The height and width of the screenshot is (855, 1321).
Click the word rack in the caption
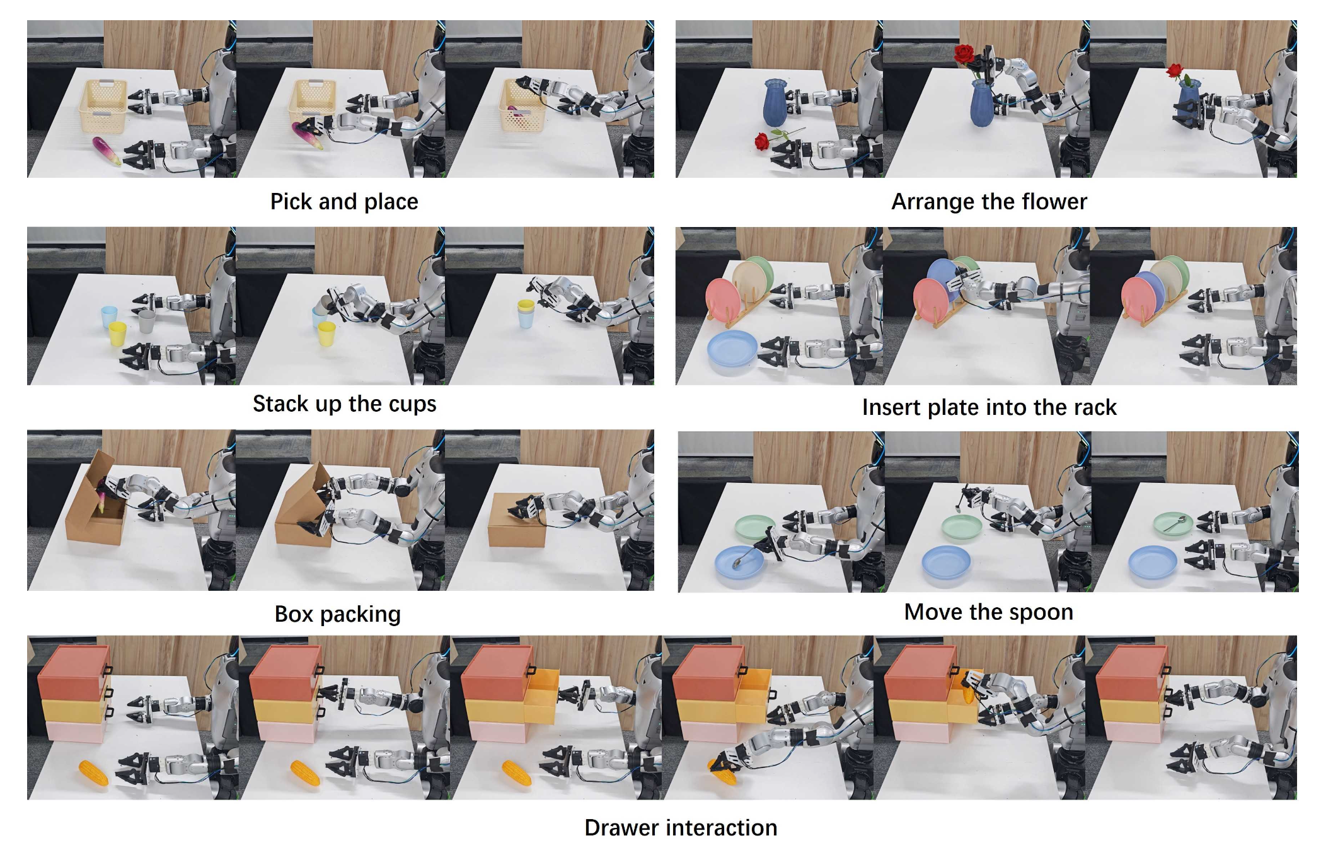pyautogui.click(x=1094, y=407)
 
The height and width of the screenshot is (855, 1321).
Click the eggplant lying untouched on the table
pyautogui.click(x=107, y=151)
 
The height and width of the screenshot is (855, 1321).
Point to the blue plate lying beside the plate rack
pyautogui.click(x=732, y=350)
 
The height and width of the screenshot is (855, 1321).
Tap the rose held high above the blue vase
pyautogui.click(x=964, y=55)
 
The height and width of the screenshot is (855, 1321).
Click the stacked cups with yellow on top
pyautogui.click(x=526, y=313)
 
